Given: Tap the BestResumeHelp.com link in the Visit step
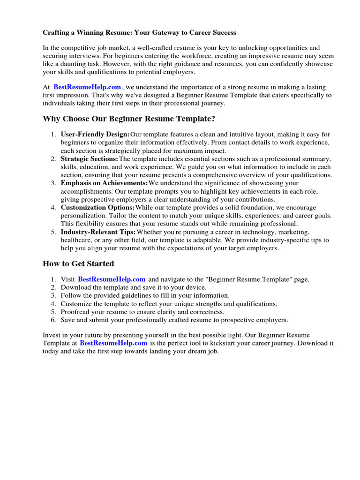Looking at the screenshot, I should coord(112,279).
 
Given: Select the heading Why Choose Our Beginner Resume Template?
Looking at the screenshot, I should coord(129,119).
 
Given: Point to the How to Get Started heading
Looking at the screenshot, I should coord(78,264).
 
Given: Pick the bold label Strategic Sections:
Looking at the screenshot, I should coord(90,159).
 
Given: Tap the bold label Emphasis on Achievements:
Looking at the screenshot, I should coord(104,183).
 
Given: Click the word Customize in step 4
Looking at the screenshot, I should coord(76,304).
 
